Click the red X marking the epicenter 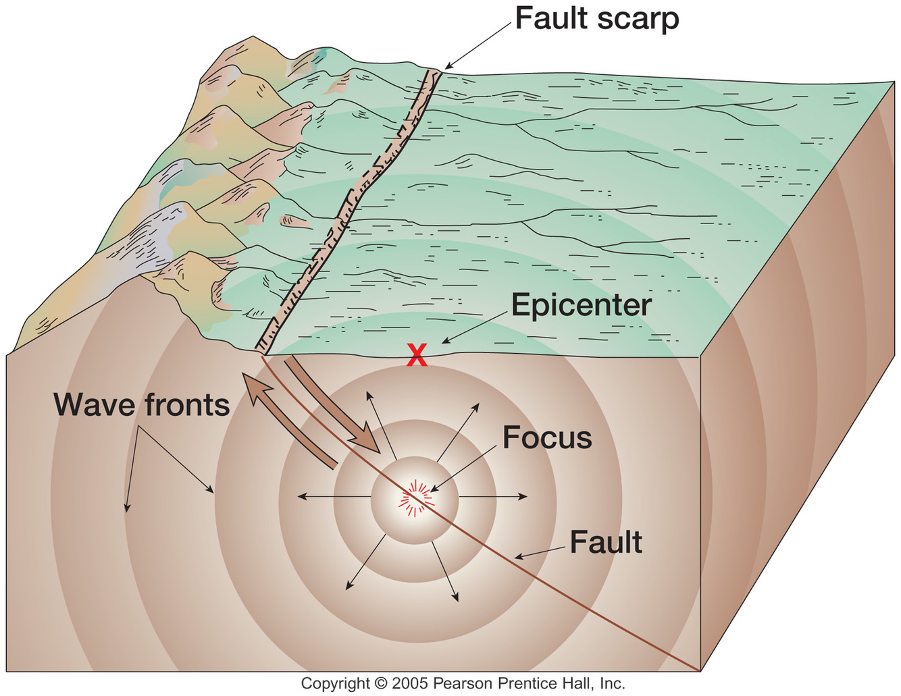[417, 355]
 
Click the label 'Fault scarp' [597, 19]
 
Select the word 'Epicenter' [581, 305]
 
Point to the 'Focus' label [547, 438]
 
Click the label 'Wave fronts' [142, 405]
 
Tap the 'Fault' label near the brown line [606, 543]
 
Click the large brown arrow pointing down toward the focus [331, 405]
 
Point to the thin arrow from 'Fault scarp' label [478, 45]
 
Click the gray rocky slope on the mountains [152, 236]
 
